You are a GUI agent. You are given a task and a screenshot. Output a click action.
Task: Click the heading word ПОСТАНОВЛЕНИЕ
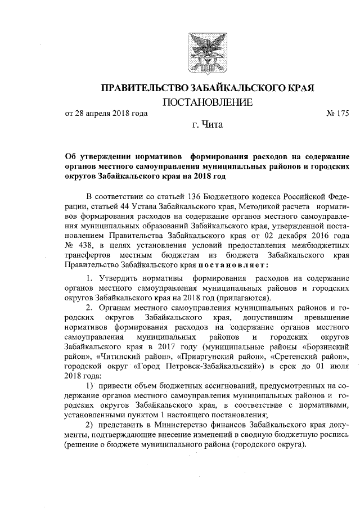(208, 103)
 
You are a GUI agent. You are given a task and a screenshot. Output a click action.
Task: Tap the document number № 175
(337, 114)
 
